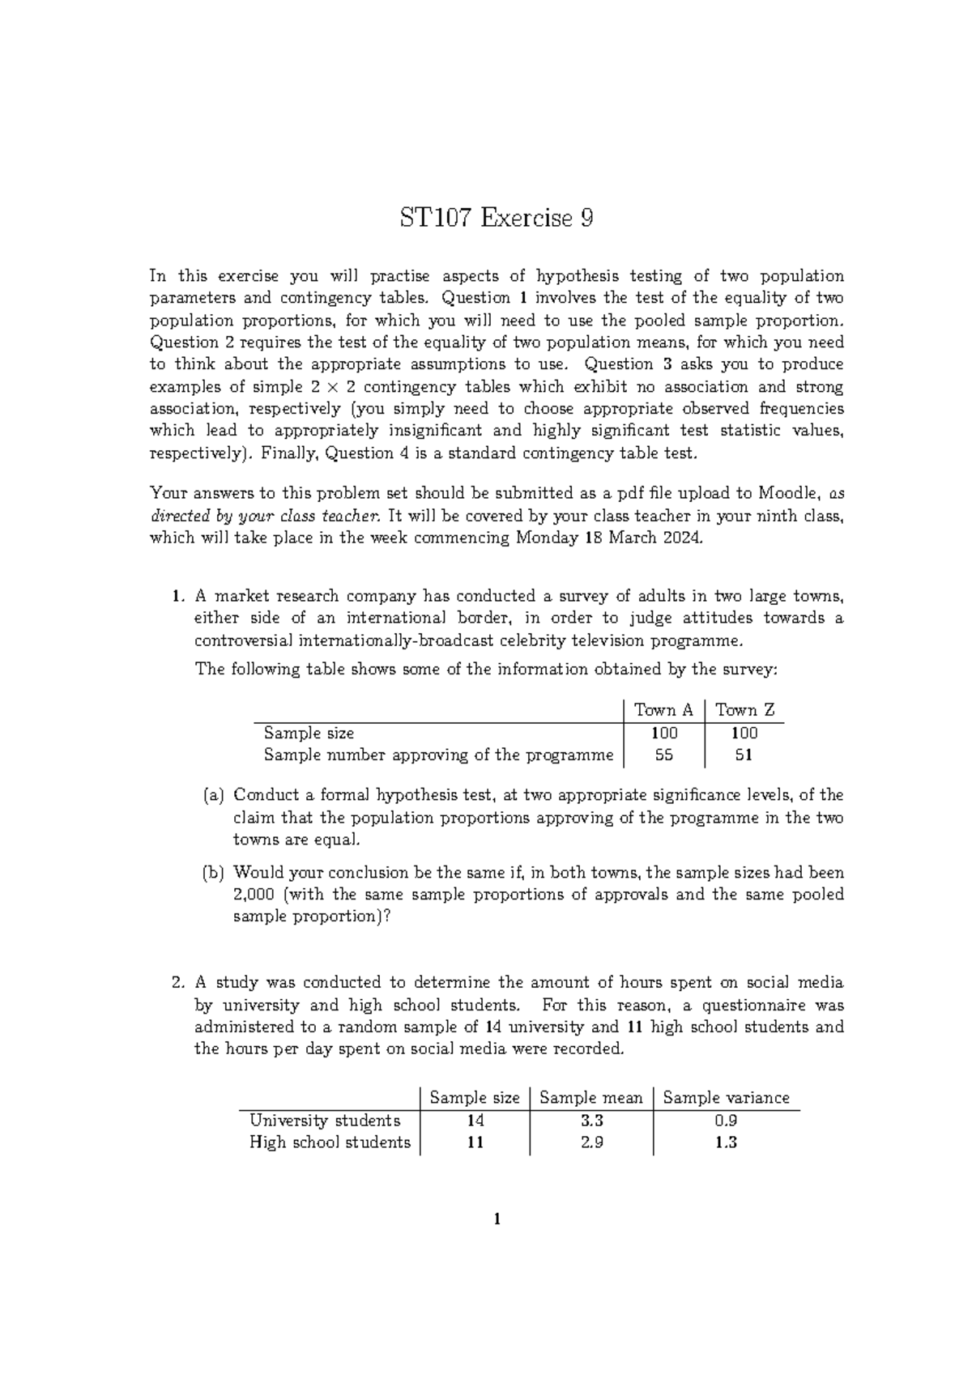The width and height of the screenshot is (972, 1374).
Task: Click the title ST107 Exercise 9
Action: pyautogui.click(x=496, y=218)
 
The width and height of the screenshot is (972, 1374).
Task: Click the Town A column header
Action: pyautogui.click(x=663, y=710)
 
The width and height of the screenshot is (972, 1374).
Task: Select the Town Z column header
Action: pyautogui.click(x=745, y=710)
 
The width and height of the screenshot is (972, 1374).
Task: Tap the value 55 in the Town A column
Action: pyautogui.click(x=663, y=755)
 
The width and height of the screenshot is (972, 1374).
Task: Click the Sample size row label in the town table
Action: pyautogui.click(x=309, y=733)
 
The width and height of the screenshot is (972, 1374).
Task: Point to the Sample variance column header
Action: pyautogui.click(x=726, y=1098)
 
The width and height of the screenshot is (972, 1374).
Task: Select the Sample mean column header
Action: pyautogui.click(x=590, y=1098)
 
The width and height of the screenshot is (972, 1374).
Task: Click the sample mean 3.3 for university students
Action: pyautogui.click(x=591, y=1121)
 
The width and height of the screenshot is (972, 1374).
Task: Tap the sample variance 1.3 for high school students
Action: pyautogui.click(x=726, y=1142)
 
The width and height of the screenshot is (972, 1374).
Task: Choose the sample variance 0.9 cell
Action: pyautogui.click(x=726, y=1121)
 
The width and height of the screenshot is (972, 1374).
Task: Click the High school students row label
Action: pyautogui.click(x=330, y=1142)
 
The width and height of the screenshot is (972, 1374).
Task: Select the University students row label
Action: pyautogui.click(x=325, y=1121)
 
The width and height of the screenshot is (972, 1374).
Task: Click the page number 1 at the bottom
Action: pyautogui.click(x=497, y=1219)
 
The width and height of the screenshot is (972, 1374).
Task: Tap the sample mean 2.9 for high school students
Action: pyautogui.click(x=591, y=1142)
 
